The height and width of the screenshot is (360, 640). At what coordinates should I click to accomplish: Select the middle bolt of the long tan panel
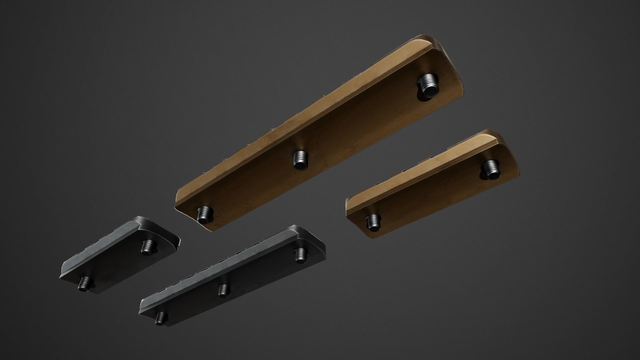[300, 161]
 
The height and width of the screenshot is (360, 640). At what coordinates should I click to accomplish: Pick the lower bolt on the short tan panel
[373, 222]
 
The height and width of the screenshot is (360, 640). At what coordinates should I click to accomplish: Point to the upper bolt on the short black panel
[147, 247]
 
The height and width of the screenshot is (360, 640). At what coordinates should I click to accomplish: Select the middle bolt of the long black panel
[223, 290]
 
